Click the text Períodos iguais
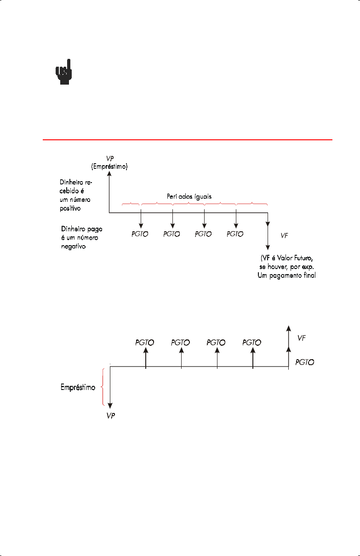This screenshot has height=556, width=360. click(x=189, y=196)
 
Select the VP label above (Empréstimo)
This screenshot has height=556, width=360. click(x=109, y=158)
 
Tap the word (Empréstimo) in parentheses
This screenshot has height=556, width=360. click(x=109, y=166)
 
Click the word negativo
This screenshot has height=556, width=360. click(x=74, y=246)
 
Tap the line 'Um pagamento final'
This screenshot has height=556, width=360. click(x=286, y=275)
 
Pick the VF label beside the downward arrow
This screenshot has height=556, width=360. click(x=285, y=235)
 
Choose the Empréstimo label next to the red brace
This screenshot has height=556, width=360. click(x=78, y=387)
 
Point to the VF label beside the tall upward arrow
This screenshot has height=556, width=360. click(x=302, y=338)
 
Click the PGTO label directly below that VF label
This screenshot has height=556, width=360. click(x=305, y=362)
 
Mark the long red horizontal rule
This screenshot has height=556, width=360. click(x=187, y=139)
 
